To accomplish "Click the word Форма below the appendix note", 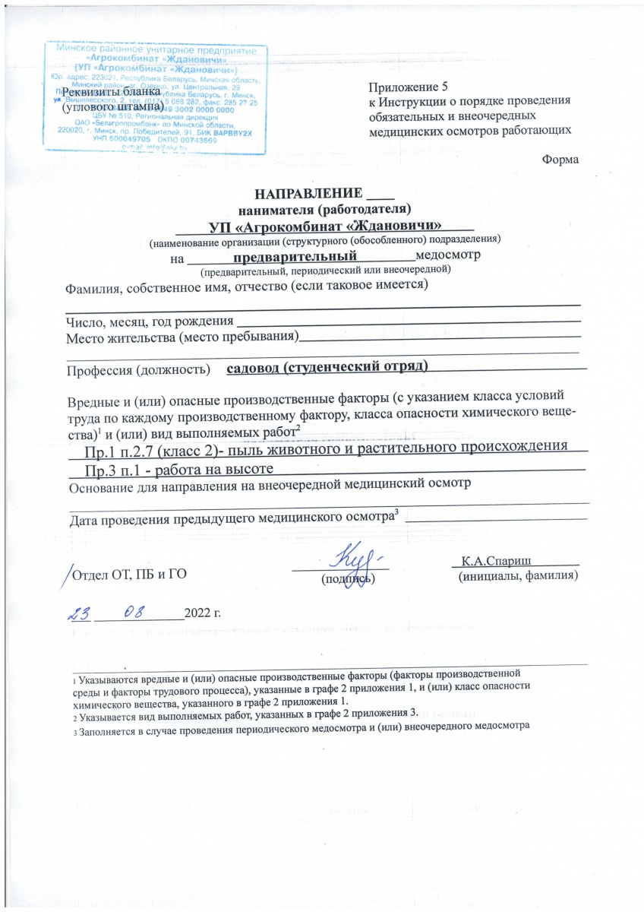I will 561,160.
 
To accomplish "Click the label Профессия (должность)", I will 137,370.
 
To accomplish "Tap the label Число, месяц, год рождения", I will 146,324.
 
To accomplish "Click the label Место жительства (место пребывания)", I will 181,337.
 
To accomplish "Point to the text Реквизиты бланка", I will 112,92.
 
